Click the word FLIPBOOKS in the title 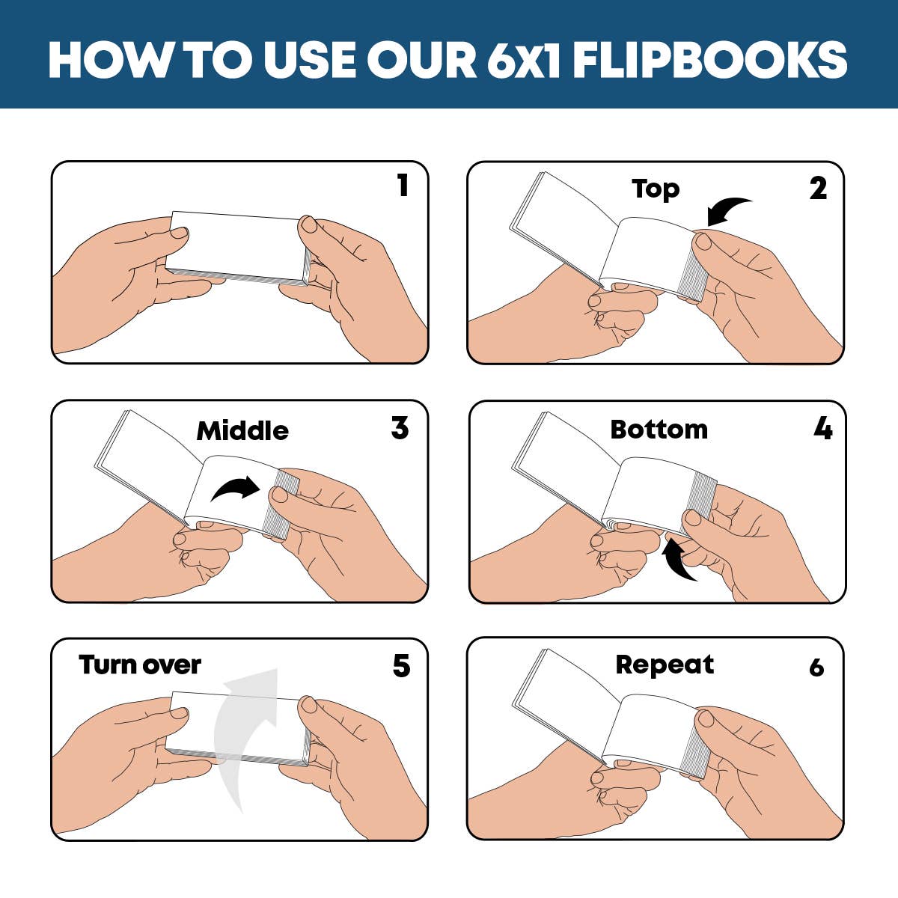point(711,59)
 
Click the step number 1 point(403,186)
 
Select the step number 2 point(818,189)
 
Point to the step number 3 point(400,428)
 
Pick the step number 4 point(822,429)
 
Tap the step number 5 point(401,666)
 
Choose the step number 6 point(816,667)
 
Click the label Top point(655,189)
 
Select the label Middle point(242,431)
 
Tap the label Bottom point(659,430)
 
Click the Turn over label point(140,665)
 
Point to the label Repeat point(665,665)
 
